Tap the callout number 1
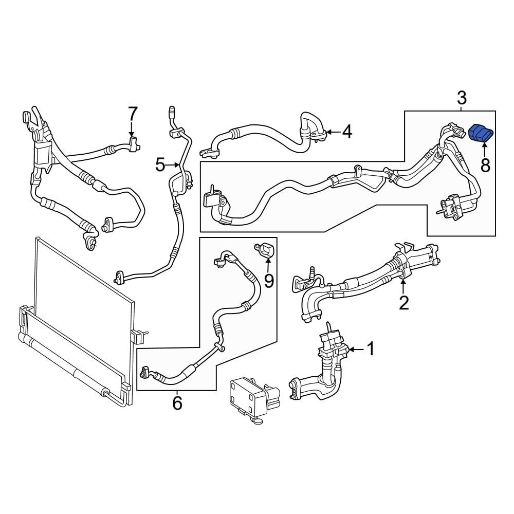(x=371, y=349)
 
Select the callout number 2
(x=403, y=302)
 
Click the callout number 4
(x=347, y=132)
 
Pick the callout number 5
(x=160, y=164)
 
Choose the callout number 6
(x=177, y=403)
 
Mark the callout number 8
(x=485, y=165)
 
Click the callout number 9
(x=269, y=281)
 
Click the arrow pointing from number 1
(x=356, y=350)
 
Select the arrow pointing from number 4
(x=333, y=132)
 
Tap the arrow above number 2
(x=403, y=286)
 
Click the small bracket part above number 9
(x=264, y=249)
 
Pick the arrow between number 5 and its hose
(x=173, y=164)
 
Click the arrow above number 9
(x=268, y=265)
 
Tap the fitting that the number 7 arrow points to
(x=134, y=144)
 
